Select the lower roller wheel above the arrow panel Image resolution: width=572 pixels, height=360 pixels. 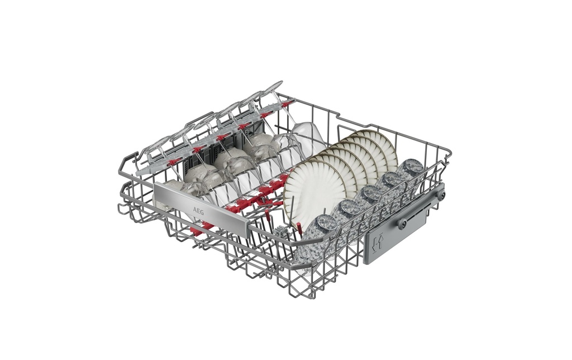tap(402, 224)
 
